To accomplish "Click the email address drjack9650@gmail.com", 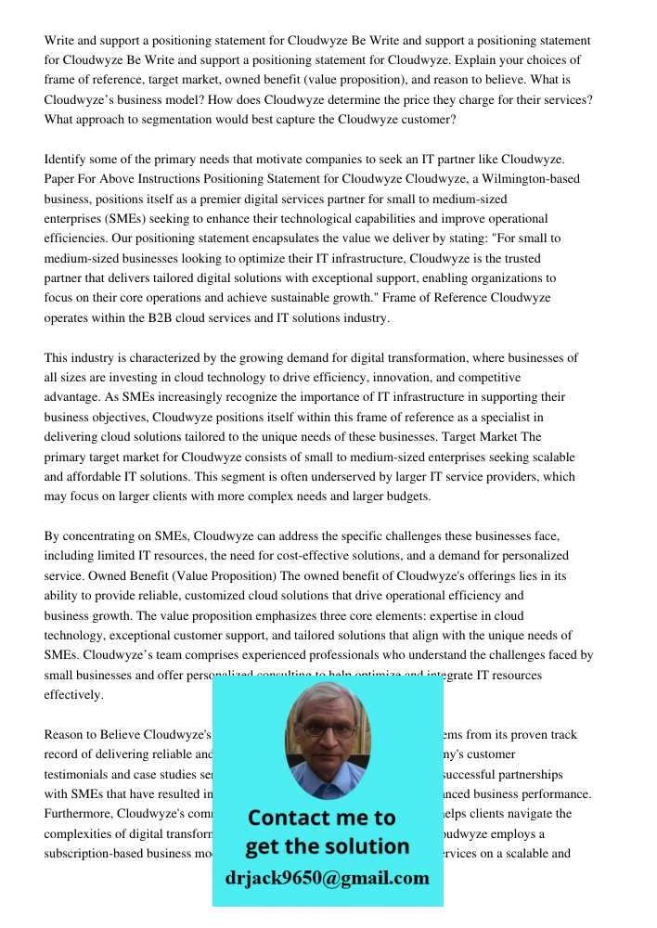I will point(327,878).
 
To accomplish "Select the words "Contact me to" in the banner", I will point(321,818).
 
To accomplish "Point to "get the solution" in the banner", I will point(327,846).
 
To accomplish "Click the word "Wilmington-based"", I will point(533,179).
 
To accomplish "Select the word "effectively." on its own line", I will point(74,695).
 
